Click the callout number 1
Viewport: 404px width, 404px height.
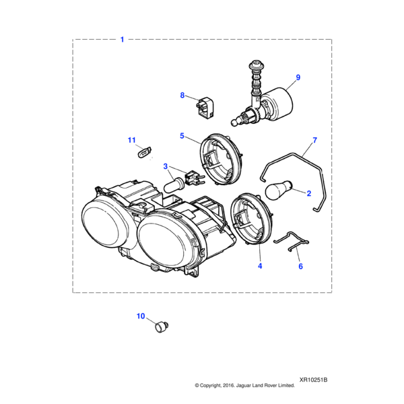(x=123, y=40)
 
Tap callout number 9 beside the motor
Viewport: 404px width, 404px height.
(x=298, y=77)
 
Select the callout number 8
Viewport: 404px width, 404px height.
(x=182, y=96)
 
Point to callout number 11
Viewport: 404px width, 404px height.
(x=132, y=140)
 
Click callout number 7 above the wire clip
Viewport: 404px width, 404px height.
(x=314, y=140)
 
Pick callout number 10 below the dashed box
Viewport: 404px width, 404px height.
(x=141, y=316)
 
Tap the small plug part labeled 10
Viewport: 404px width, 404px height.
(x=162, y=327)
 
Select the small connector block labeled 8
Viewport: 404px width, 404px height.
(x=205, y=110)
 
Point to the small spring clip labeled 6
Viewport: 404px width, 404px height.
(x=292, y=242)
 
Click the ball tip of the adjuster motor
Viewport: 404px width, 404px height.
(x=234, y=123)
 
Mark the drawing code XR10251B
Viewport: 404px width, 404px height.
(x=313, y=380)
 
